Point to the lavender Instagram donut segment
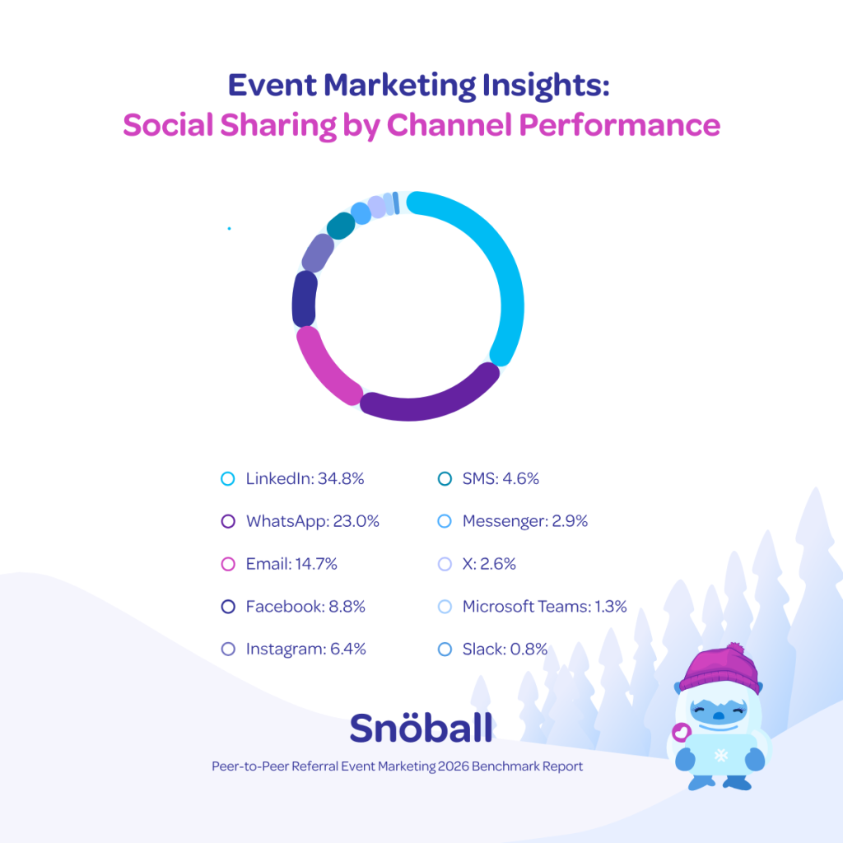(318, 252)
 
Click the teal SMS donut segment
(340, 225)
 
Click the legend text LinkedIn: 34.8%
(305, 478)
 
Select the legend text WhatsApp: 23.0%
(312, 521)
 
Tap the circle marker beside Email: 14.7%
(229, 564)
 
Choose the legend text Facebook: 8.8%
(305, 607)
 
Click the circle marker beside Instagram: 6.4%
(229, 650)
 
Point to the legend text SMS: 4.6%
(501, 478)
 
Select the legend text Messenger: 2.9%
(524, 521)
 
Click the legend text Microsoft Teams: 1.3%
(544, 607)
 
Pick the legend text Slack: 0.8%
(505, 650)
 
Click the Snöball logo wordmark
(421, 727)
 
